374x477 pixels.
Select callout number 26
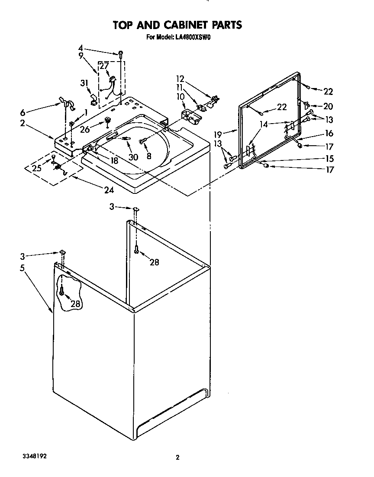pos(85,128)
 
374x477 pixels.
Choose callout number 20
pos(328,106)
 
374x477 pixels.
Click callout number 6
pos(23,112)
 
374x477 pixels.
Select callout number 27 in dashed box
pos(104,66)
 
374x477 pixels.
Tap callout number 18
pos(114,160)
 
